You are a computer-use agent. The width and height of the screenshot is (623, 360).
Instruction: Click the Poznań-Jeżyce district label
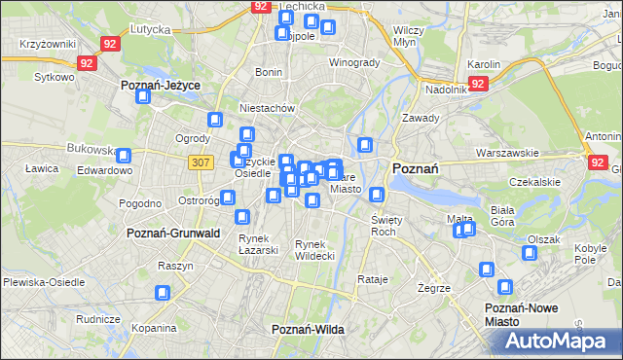[161, 86]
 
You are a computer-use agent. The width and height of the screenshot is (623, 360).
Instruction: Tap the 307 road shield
[202, 162]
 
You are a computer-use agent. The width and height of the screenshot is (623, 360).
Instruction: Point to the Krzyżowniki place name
[47, 46]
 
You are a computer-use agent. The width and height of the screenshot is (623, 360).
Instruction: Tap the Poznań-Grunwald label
[173, 234]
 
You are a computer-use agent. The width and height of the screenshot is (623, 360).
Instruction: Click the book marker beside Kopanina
[164, 292]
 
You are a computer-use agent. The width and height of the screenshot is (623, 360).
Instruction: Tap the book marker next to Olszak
[529, 254]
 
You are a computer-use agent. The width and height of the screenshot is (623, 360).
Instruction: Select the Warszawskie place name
[506, 154]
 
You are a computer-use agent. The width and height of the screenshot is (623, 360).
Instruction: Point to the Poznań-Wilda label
[309, 330]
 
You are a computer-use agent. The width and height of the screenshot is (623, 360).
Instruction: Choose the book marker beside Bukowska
[125, 155]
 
